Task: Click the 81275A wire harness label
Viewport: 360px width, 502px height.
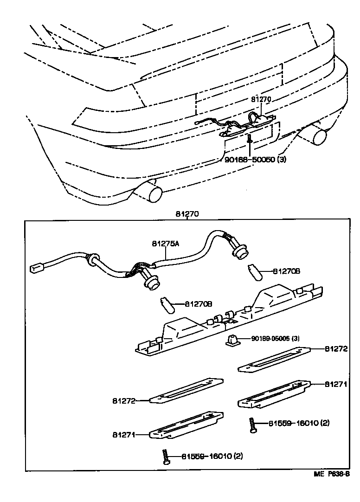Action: [165, 243]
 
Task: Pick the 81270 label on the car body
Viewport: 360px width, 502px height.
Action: [261, 99]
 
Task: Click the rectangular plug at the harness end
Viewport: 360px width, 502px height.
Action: [36, 268]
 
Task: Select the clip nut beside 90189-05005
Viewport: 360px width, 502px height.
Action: [232, 341]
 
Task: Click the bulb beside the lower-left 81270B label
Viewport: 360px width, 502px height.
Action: [167, 305]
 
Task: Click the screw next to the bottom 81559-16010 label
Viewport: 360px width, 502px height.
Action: [166, 457]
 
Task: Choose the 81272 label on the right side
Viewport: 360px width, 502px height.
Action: [336, 348]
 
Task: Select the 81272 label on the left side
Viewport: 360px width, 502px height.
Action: [123, 400]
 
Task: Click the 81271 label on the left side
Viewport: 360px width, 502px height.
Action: [123, 435]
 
